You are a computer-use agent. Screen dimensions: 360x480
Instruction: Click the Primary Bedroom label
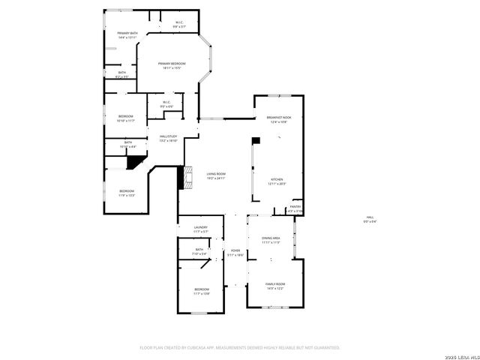point(172,66)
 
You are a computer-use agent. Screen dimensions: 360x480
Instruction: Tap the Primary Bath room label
point(127,34)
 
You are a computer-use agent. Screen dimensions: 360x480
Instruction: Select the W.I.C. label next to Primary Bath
point(179,24)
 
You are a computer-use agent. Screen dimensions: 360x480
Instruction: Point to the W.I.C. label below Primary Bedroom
point(166,104)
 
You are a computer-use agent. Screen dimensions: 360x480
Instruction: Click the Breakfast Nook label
point(278,119)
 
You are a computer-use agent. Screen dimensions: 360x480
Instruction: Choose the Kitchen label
point(277,181)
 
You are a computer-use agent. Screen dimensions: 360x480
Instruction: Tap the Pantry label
point(295,208)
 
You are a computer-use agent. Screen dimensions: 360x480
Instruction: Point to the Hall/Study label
point(168,138)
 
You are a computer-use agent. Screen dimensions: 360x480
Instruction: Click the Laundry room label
point(200,229)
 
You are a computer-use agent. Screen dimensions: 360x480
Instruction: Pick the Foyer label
point(235,253)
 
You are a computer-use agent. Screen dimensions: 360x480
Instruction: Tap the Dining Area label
point(271,240)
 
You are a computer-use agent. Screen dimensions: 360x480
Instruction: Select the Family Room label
point(275,286)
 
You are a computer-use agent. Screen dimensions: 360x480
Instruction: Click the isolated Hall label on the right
point(370,220)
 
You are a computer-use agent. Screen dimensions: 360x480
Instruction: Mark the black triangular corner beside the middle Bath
point(136,160)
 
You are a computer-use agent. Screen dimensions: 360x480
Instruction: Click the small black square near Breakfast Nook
point(256,139)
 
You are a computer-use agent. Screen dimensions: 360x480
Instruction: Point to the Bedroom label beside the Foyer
point(202,291)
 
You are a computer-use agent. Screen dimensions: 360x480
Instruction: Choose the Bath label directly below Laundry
point(199,251)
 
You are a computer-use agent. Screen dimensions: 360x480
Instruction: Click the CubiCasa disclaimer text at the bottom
point(240,347)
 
